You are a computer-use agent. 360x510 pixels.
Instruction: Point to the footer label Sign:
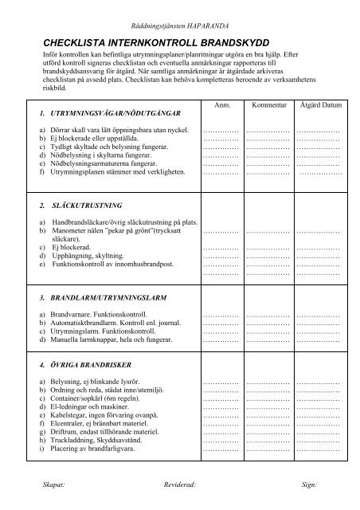[x=307, y=484]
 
